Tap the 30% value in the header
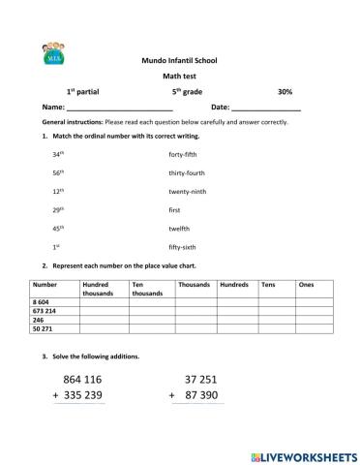coord(285,91)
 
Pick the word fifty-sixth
coord(183,247)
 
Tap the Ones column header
coord(307,285)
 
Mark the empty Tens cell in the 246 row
coord(276,321)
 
